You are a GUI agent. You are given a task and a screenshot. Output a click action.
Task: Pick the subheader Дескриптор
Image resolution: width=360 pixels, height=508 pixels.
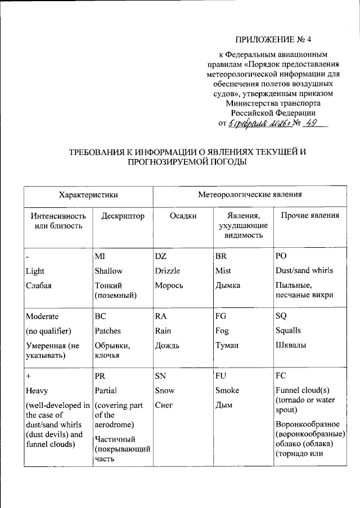(120, 216)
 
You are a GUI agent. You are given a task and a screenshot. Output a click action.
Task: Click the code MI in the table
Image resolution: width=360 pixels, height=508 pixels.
(100, 256)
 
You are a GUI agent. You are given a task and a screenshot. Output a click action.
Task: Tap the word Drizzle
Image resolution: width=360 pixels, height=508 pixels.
(167, 271)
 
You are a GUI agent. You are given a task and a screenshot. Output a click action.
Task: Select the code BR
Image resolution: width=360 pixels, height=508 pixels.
(220, 256)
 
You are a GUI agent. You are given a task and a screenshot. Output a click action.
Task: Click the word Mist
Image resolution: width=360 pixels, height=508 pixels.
(223, 271)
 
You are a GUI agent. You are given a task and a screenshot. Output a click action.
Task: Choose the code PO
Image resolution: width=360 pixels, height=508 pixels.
(281, 256)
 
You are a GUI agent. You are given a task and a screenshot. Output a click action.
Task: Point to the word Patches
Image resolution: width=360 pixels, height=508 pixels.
(108, 331)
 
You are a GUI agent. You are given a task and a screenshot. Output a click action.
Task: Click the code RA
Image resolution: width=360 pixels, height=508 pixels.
(161, 316)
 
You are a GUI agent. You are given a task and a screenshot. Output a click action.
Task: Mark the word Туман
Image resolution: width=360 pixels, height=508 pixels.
(227, 346)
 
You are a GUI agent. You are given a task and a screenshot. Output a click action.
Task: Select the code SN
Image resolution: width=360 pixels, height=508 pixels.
(161, 376)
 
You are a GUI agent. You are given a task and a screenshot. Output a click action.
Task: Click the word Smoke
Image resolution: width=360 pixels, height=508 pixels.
(227, 391)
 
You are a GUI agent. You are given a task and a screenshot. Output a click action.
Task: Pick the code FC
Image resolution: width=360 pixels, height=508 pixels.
(281, 376)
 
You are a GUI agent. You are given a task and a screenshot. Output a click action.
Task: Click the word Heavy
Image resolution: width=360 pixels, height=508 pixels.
(37, 391)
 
